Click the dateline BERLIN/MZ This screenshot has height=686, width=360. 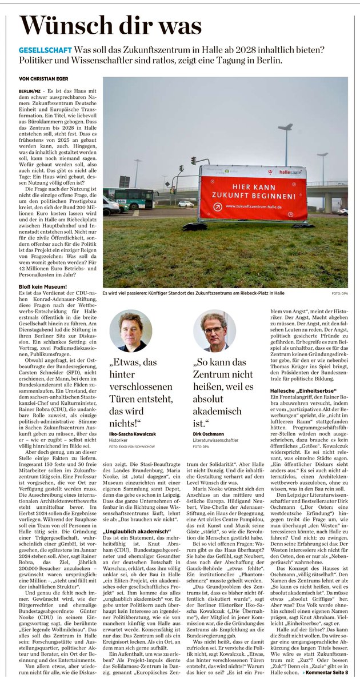[31, 91]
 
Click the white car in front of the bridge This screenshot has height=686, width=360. [186, 204]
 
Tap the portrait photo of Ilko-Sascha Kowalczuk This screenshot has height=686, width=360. [131, 330]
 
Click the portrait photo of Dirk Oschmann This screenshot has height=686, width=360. [214, 330]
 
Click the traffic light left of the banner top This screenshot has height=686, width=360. [193, 161]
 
